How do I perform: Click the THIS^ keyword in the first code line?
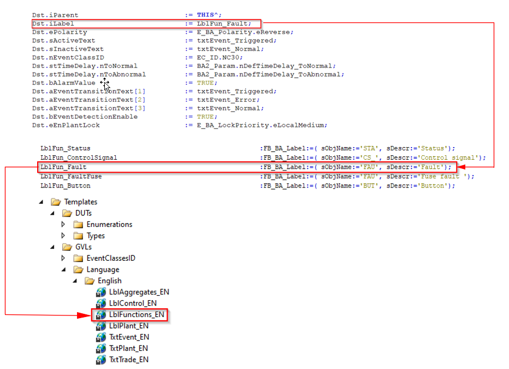[x=208, y=15]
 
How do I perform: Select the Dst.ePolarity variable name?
[x=60, y=32]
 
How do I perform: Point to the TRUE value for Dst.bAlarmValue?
[x=205, y=83]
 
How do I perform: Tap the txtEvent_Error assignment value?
[x=227, y=99]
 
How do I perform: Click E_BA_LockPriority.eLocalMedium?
[x=261, y=125]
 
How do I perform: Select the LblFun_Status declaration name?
[x=65, y=149]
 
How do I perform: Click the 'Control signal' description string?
[x=447, y=158]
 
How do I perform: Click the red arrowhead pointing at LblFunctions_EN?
[x=84, y=315]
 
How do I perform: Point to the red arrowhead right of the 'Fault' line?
[x=462, y=167]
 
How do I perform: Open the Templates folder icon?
[x=56, y=202]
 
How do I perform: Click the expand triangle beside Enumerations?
[x=63, y=224]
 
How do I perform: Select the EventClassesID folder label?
[x=111, y=258]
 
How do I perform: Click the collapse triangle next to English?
[x=75, y=280]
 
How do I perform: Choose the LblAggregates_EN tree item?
[x=133, y=292]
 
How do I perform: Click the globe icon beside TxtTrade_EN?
[x=101, y=360]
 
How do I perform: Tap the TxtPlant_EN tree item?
[x=122, y=348]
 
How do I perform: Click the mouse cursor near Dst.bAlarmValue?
[x=105, y=84]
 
